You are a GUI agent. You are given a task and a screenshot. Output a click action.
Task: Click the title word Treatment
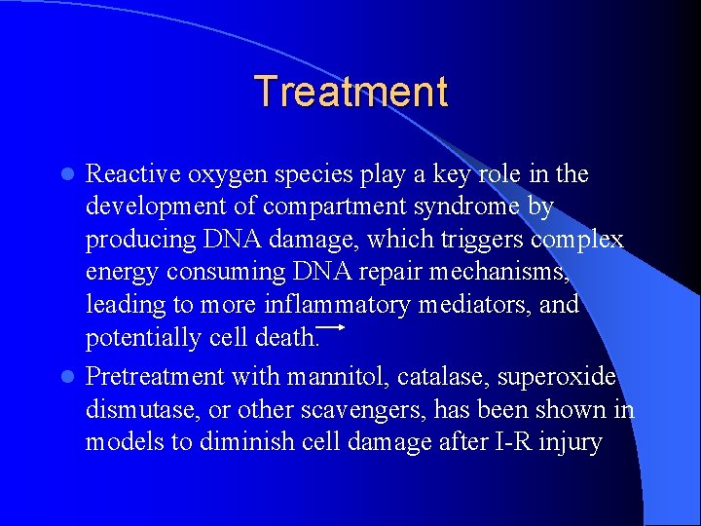coord(350,92)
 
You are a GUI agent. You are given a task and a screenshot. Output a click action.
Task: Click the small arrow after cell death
coord(333,328)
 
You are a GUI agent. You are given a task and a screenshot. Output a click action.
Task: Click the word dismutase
coord(135,409)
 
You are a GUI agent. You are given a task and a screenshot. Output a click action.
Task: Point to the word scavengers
coord(357,409)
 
